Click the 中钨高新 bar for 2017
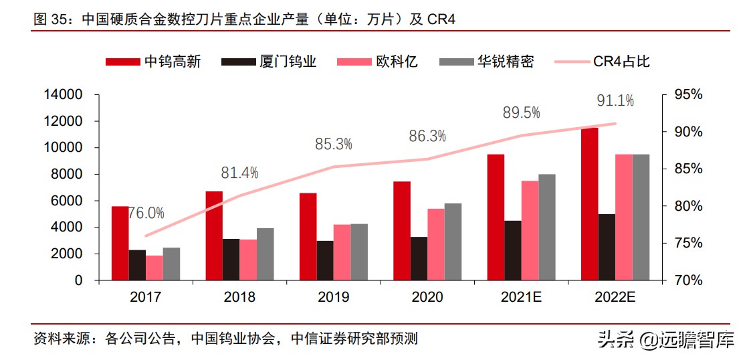(120, 244)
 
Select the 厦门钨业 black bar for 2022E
(607, 247)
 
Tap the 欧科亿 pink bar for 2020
(435, 244)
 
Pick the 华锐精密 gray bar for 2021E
(546, 227)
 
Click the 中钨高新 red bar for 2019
(308, 236)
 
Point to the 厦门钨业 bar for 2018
(231, 260)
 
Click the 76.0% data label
(146, 213)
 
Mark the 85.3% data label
(334, 144)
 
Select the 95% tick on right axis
(688, 95)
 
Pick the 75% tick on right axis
(688, 243)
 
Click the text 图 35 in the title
(50, 19)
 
